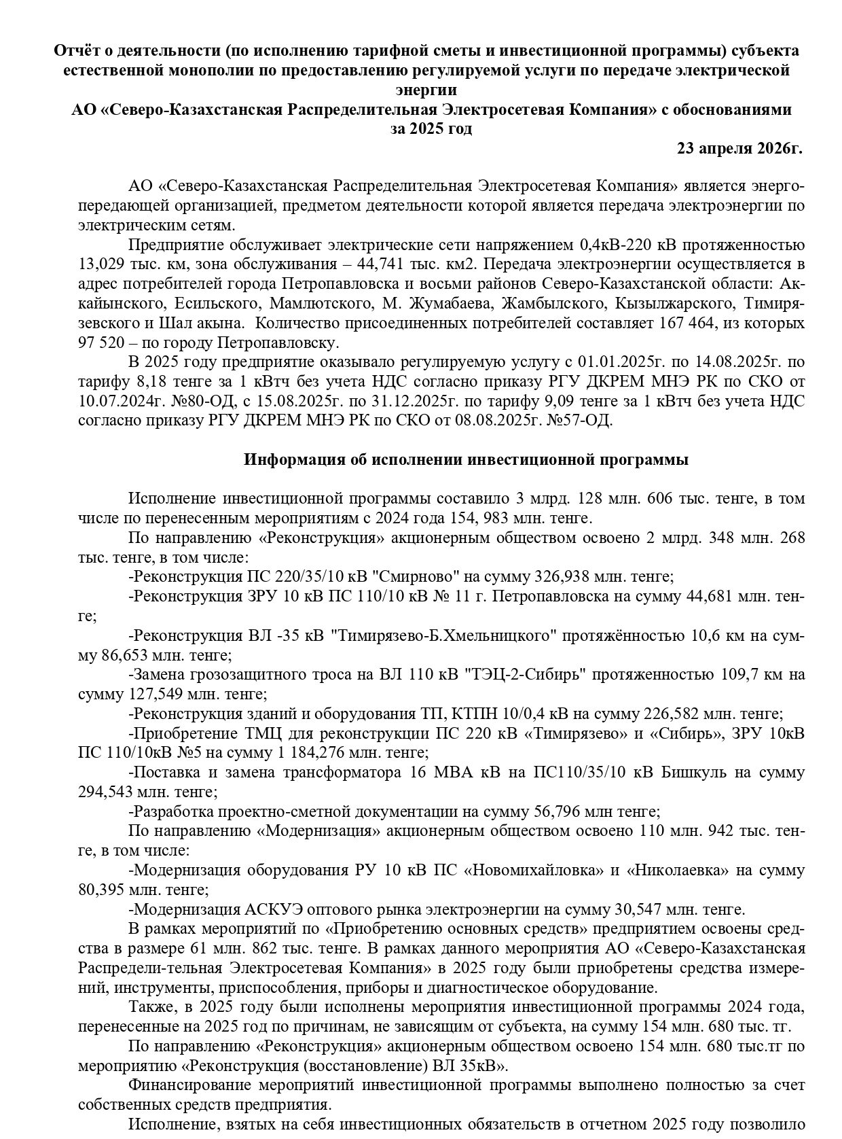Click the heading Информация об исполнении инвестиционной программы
pyautogui.click(x=466, y=460)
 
